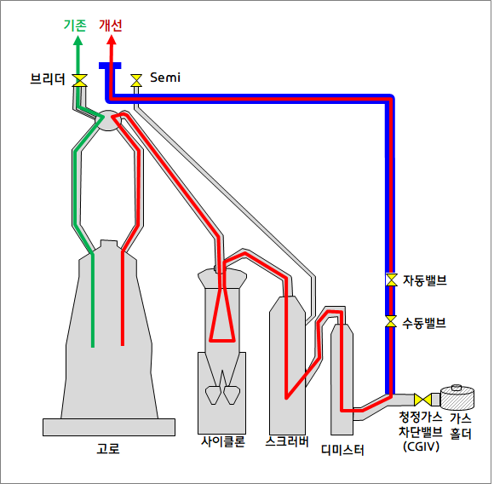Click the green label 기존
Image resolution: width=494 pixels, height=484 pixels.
pos(77,26)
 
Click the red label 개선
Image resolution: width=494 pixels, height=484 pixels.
pos(112,26)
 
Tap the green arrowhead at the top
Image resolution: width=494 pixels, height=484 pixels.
pos(78,39)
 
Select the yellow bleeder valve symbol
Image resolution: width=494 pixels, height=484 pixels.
pos(80,80)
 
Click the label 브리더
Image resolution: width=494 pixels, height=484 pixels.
pos(47,79)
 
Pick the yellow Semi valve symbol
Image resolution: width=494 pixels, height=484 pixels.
pos(135,81)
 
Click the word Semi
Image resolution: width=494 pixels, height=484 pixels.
pos(164,78)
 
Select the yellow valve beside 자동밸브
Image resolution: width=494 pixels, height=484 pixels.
pos(391,279)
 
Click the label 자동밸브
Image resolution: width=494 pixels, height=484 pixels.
pos(425,279)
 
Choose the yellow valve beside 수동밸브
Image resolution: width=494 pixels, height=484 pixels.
pos(391,322)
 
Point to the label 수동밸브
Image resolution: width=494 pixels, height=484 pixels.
pos(425,323)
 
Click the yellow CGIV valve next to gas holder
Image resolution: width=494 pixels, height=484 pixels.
pos(421,400)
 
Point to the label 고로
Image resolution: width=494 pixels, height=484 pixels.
pos(109,447)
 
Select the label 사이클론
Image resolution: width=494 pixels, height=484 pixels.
pos(223,441)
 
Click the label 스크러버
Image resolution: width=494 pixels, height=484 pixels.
pos(287,441)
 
